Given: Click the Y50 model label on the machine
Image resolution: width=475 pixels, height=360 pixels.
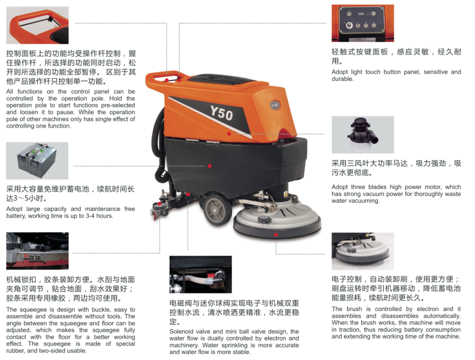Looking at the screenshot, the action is (222, 113).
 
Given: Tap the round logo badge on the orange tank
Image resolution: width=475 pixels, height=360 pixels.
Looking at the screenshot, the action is (275, 106).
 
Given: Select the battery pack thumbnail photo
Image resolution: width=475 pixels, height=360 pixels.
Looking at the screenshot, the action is (37, 161).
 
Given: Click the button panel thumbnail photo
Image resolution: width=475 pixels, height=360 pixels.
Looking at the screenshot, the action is (362, 23).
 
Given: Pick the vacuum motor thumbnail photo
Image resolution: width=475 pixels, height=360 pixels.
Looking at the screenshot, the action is (362, 134).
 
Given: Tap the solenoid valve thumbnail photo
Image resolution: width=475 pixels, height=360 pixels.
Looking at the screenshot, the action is (200, 275).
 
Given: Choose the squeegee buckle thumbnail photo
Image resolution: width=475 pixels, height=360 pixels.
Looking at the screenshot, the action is (37, 251).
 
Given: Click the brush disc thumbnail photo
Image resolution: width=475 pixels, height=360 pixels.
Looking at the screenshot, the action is (362, 251).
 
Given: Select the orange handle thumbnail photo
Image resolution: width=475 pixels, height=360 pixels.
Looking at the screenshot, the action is (37, 25).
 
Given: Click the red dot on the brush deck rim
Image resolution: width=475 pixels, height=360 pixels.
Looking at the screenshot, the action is (276, 235).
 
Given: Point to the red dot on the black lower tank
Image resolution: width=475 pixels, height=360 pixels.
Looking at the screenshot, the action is (210, 166).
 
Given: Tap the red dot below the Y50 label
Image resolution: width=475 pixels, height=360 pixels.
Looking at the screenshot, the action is (229, 134).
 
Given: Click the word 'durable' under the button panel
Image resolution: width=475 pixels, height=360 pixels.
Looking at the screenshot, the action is (342, 79).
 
